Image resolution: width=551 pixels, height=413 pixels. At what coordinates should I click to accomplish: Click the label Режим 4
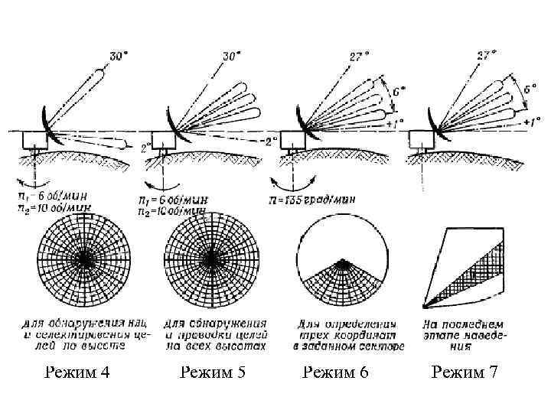point(77,372)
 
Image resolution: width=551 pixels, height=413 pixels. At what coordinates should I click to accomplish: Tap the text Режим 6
point(336,372)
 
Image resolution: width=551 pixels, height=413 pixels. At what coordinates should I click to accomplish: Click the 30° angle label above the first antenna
point(119,56)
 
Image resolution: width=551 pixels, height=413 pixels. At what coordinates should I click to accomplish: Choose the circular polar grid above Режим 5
point(209,259)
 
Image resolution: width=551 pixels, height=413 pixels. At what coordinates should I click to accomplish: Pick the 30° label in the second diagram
point(230,56)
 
